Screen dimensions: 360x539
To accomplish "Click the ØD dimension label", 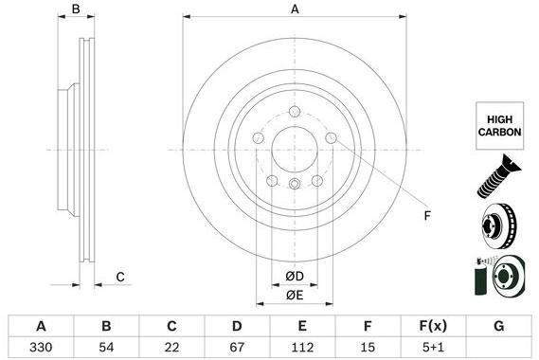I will click(295, 277).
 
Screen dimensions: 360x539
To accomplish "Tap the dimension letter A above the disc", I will click(295, 9).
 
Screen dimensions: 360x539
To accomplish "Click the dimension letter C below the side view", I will click(120, 277).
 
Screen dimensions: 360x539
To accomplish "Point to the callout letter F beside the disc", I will click(427, 217).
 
